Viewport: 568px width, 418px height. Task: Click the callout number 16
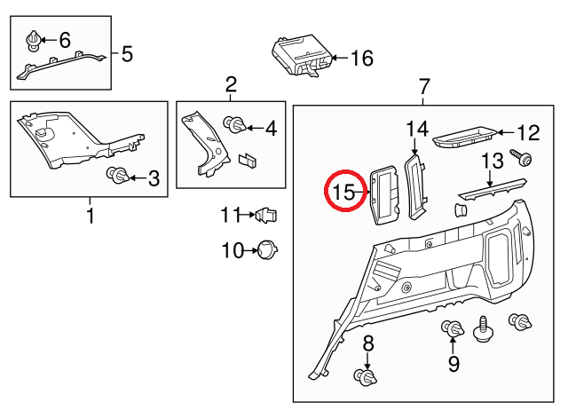point(362,59)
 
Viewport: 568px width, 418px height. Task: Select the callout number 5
point(127,55)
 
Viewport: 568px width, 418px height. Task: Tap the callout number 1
point(89,216)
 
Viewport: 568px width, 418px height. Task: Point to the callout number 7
point(424,88)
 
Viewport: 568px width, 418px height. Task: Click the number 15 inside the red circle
point(343,191)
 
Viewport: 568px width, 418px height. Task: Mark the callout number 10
point(232,251)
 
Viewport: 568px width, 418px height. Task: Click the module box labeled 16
point(303,54)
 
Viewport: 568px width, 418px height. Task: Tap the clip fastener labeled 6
point(34,40)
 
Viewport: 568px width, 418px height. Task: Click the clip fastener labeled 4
point(237,126)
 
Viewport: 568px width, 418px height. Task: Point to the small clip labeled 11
point(266,214)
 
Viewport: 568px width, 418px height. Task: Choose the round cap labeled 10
point(265,250)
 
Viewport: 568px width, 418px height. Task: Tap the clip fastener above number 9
point(452,331)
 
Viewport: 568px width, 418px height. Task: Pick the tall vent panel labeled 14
point(414,184)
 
